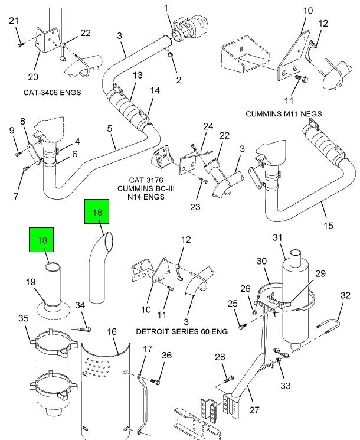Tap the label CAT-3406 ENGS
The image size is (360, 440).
click(52, 92)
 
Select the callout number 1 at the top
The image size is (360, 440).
click(166, 8)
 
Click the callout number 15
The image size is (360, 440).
click(328, 225)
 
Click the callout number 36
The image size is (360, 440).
click(167, 355)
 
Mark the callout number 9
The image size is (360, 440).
click(11, 131)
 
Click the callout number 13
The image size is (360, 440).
click(138, 75)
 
